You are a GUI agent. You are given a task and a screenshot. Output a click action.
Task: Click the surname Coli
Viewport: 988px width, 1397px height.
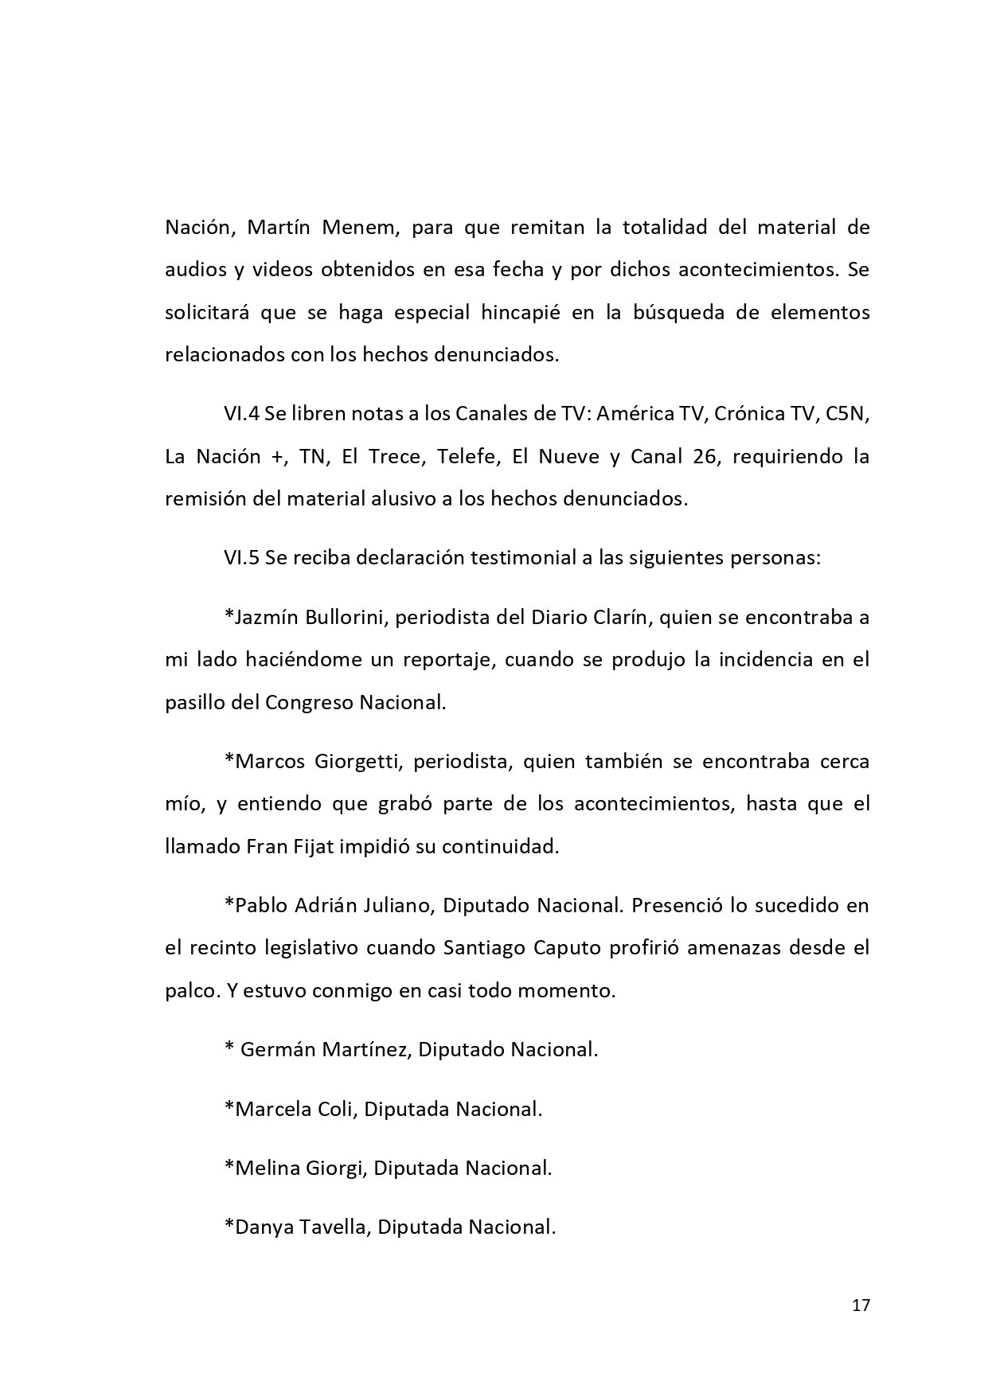point(335,1109)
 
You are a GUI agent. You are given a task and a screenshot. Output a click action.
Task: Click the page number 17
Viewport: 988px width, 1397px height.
point(861,1305)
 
